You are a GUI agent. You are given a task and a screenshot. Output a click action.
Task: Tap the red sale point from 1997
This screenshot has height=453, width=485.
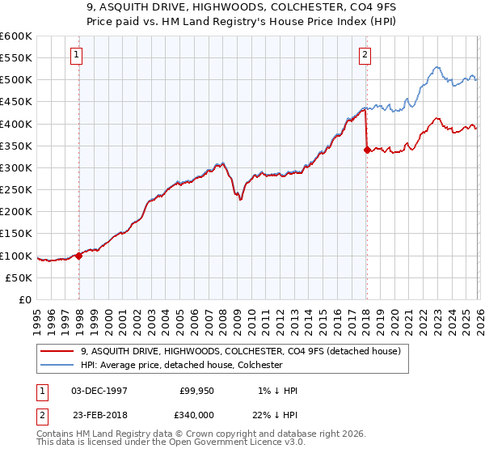(x=79, y=256)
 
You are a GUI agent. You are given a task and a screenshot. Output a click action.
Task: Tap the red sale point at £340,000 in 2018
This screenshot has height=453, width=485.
(x=367, y=150)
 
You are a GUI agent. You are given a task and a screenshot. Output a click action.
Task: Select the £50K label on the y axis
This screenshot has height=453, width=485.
(x=19, y=277)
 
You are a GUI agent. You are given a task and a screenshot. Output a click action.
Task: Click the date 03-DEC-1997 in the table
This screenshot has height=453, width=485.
(x=100, y=391)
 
